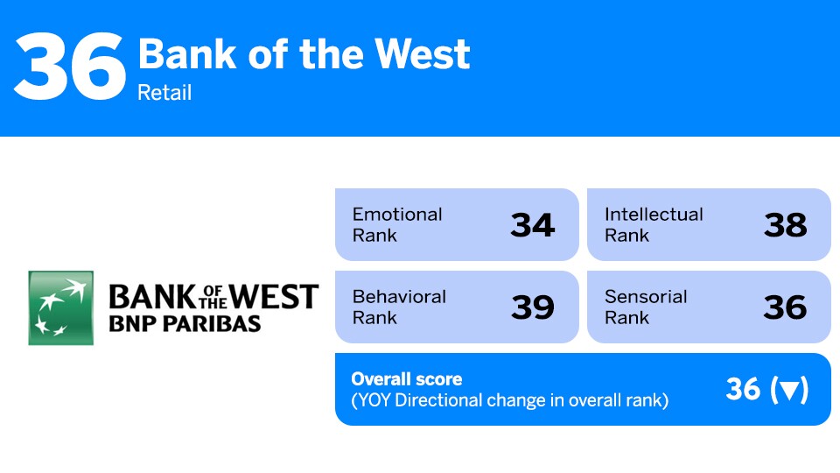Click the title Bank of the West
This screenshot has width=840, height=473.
(304, 54)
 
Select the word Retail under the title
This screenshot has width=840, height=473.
(164, 92)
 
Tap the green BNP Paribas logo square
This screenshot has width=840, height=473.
(60, 307)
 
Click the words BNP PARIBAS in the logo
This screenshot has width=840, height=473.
(184, 323)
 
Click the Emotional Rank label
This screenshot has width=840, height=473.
(397, 224)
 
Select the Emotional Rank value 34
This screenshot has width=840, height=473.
(532, 225)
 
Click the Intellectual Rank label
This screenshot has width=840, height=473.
(654, 224)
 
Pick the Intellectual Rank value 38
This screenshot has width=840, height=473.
(785, 225)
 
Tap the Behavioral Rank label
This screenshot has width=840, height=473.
(399, 307)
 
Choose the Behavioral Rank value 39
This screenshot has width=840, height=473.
(532, 307)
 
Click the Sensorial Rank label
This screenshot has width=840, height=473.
(646, 307)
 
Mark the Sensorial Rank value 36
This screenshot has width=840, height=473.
(785, 307)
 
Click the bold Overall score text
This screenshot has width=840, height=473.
(407, 379)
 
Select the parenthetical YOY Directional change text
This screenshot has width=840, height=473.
(509, 401)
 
